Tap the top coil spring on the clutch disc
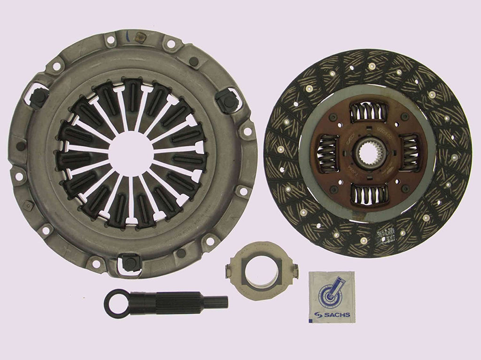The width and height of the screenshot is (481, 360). [369, 113]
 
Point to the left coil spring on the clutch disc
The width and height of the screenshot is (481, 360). [329, 153]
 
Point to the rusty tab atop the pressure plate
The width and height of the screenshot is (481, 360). [139, 36]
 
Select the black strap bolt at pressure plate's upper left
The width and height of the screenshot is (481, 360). [39, 96]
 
